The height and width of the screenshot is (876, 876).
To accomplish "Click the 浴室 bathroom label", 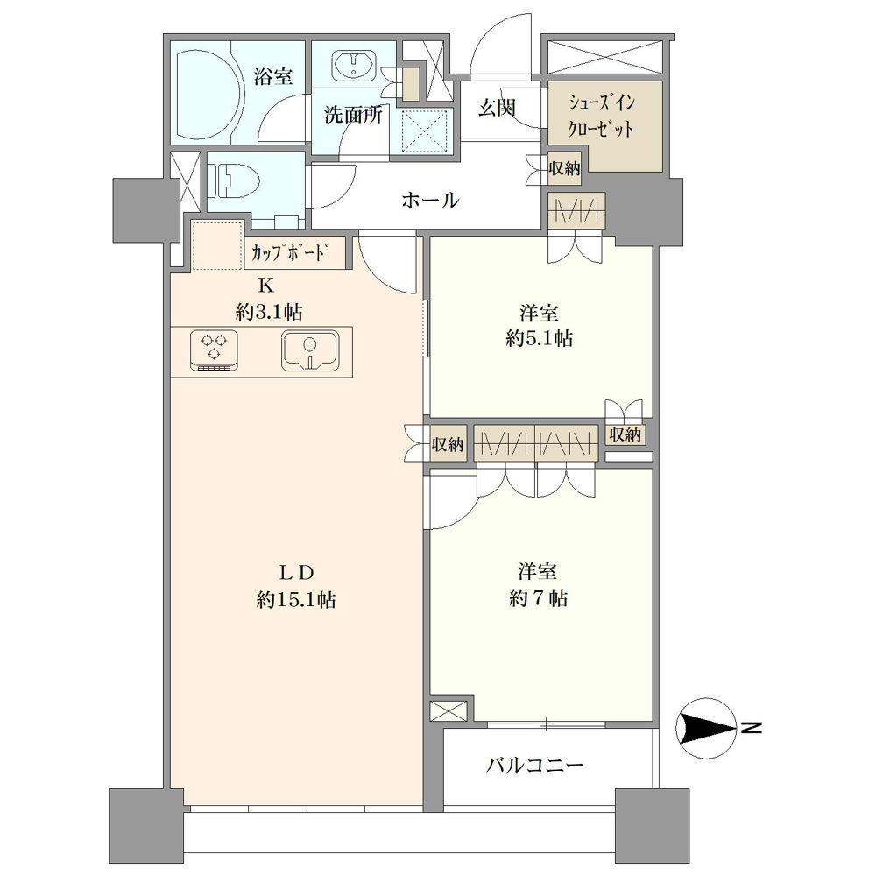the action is coord(273,76).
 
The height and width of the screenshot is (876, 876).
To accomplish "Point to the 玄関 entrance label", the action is coord(496,107).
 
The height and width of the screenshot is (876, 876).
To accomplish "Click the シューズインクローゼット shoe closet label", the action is coord(601,117).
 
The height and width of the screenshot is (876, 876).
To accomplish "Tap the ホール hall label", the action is coord(430,200).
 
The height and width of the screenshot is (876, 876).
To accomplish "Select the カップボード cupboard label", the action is coord(288,253).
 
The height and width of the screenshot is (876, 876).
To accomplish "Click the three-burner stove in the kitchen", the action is coord(214,350).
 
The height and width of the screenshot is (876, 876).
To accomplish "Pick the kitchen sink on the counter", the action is coord(310,350).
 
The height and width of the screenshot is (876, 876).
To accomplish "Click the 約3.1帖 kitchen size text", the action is coord(269,312).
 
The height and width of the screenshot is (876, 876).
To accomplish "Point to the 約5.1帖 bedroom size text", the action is coord(539,338).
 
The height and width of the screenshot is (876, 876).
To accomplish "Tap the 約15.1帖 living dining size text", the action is coord(296,600).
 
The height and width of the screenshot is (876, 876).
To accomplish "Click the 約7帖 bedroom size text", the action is coord(539,598).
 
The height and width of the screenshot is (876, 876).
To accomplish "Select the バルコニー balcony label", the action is coord(534,764).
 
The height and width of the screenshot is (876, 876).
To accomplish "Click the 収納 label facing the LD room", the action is coord(448,444).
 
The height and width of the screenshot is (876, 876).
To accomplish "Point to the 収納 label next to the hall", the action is coord(564,167).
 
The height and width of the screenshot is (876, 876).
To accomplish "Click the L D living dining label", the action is coord(297,572).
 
